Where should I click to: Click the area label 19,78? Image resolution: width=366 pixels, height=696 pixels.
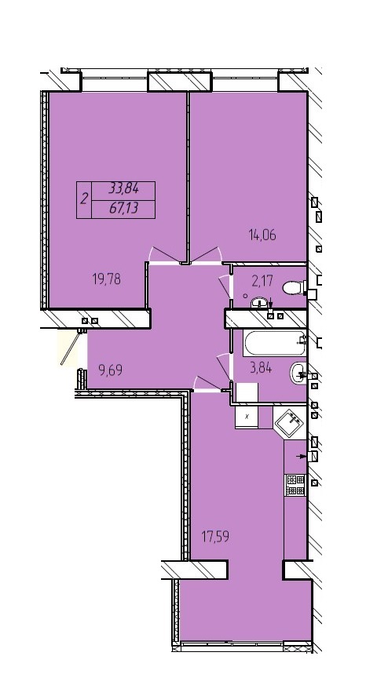pos(107,279)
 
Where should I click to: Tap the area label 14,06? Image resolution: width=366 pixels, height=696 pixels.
pos(262,235)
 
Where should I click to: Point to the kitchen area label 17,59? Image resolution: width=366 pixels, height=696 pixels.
pos(217,537)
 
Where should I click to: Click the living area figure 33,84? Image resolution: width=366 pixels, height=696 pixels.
pos(123,188)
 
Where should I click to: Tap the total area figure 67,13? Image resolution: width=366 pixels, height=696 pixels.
pos(123,208)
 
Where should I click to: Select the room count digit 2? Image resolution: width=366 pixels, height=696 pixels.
pos(84,199)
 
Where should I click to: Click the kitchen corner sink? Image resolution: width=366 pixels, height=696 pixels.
pos(290,421)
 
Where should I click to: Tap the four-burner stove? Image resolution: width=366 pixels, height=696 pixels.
pos(295,485)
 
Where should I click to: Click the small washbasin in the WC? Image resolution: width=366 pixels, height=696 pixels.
pos(258,303)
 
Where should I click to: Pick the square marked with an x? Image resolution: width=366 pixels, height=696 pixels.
pos(247,417)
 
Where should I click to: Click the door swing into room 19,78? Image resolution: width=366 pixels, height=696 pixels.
pos(165,254)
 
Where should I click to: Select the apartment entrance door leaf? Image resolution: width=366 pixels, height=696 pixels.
pos(71,349)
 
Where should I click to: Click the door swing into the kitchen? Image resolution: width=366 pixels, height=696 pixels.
pos(209,384)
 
